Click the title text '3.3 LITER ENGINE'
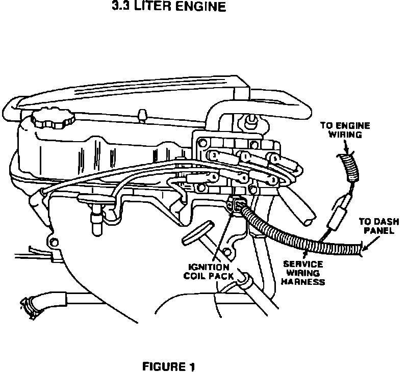click(x=168, y=8)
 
